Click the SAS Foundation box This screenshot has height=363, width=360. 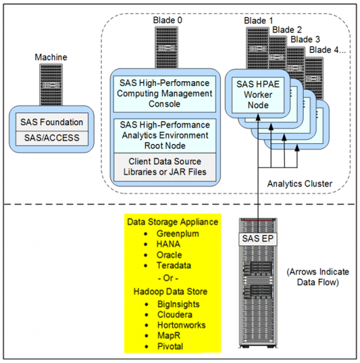tap(51, 122)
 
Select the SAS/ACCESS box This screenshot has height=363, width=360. tap(51, 138)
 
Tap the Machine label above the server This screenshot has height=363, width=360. tap(51, 57)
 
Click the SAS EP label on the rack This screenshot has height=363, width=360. tap(259, 238)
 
